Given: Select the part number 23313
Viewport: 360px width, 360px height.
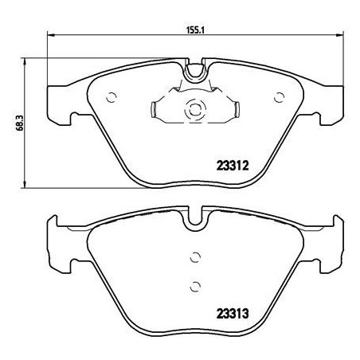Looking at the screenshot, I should point(234,313).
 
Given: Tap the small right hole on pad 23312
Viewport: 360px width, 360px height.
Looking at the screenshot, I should point(279,98).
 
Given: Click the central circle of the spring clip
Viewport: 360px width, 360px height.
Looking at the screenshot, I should point(194,111).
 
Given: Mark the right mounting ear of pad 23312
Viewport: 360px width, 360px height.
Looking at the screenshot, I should point(328,104).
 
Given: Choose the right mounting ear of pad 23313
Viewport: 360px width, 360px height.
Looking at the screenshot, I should point(328,242).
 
